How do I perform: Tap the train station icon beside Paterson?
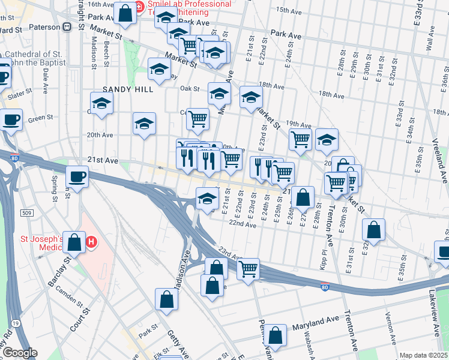coord(67,26)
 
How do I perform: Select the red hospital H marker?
coord(91,242)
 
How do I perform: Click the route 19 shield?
coord(13,323)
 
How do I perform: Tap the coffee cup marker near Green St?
coord(10,120)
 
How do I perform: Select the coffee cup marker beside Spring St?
coord(77,176)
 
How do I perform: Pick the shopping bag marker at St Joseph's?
coord(74,242)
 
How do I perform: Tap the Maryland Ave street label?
coord(312,327)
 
